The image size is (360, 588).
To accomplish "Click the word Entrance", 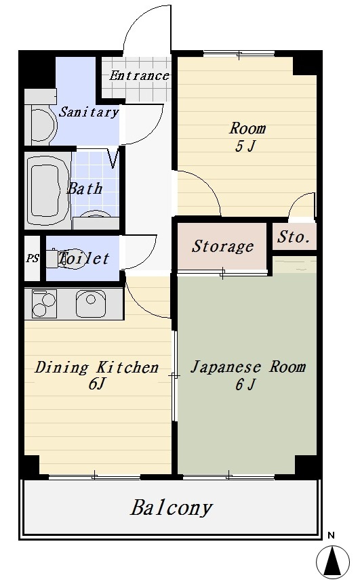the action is [x=139, y=76].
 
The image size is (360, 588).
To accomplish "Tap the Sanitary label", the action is [x=89, y=112].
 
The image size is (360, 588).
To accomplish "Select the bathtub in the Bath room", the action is [x=47, y=190].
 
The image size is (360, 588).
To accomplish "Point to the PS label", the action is [x=33, y=258].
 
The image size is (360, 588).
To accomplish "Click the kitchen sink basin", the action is [x=90, y=303].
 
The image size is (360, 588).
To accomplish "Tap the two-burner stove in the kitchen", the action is [x=44, y=303].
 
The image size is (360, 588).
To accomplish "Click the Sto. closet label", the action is [x=293, y=236].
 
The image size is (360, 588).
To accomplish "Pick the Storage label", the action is [x=222, y=247].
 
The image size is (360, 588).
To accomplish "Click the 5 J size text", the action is [x=245, y=146].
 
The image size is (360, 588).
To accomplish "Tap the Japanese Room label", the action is [x=247, y=366].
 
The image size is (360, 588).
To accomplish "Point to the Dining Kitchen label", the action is [x=96, y=367].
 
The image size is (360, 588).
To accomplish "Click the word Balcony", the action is [x=171, y=508].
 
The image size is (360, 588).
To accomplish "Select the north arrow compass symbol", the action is [x=333, y=562].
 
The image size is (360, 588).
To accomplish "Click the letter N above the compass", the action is [x=331, y=535].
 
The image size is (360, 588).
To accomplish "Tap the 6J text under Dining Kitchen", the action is [x=96, y=384].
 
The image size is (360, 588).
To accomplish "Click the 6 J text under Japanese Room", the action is [x=245, y=384].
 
